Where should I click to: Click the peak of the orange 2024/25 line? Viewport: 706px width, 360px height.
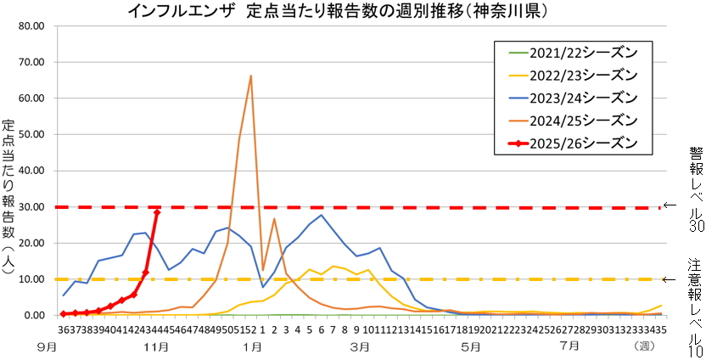click(x=251, y=76)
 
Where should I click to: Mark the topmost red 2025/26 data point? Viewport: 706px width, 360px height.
click(x=157, y=212)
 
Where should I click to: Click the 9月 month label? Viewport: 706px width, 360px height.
click(x=48, y=347)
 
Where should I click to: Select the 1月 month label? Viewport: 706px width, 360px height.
click(x=251, y=347)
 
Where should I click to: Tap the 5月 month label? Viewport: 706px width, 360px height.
click(x=469, y=347)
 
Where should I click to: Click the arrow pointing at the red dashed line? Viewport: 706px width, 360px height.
click(x=670, y=205)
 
